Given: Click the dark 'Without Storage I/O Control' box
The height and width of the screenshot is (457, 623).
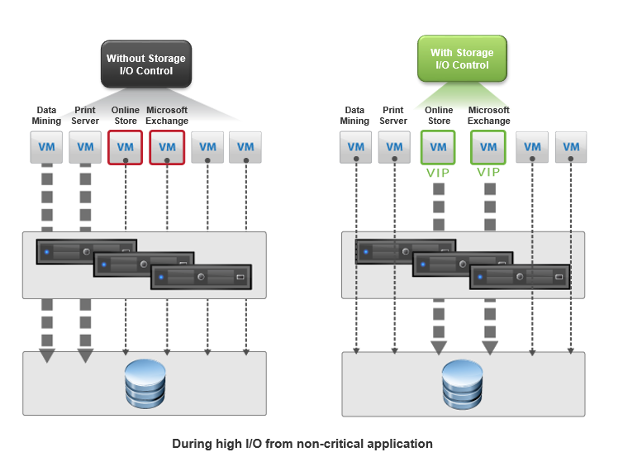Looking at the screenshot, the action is pos(146,64).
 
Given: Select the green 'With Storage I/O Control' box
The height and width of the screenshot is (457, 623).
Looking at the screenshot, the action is pos(462,59).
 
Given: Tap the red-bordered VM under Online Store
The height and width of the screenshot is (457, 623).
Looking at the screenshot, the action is pos(125,147).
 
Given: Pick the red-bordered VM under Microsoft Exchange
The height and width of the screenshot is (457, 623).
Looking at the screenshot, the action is pos(167,147).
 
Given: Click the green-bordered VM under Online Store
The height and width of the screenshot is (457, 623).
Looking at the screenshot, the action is pos(438,147).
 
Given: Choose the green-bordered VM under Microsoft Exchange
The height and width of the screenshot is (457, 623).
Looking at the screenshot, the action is pos(488,147).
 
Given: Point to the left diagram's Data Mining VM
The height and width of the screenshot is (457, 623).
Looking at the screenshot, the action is pos(46,147).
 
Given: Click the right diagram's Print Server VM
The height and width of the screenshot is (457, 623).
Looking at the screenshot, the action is pos(394,147).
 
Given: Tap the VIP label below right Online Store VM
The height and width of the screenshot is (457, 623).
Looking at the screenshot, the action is pos(438,173).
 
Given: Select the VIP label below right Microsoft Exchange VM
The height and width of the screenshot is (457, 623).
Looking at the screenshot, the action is pos(488,172).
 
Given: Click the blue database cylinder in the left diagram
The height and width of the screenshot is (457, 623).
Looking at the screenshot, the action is pos(145,383).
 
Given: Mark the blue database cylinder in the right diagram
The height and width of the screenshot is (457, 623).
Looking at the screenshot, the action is pos(463,384).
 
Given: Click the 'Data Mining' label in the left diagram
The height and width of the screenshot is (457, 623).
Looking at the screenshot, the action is pos(46,115).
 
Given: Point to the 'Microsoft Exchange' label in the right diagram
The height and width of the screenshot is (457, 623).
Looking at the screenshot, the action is pos(488,115).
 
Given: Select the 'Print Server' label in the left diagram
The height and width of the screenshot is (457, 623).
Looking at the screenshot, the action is pos(85,115).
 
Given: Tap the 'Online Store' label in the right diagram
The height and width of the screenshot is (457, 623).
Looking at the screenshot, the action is pos(439,115).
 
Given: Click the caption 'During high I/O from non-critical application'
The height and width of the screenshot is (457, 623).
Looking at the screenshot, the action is pos(302,444).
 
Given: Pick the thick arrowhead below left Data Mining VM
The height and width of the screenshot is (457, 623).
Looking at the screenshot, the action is pos(47,355).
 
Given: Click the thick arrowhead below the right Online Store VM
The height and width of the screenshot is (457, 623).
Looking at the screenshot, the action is pos(439,348).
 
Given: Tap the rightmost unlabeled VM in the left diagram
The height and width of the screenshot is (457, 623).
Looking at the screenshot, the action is pos(245,147).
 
